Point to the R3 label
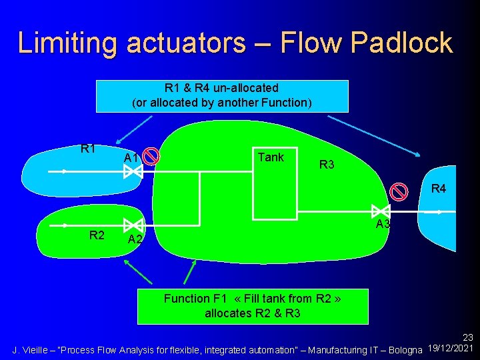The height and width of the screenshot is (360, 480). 327,165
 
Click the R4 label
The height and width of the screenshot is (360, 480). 439,189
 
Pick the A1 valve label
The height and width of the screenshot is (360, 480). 131,158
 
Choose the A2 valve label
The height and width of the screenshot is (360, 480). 135,239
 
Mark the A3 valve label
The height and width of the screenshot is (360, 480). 383,224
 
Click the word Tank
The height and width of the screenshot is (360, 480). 271,157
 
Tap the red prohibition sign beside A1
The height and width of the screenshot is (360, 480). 152,156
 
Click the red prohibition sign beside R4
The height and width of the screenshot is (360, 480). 399,191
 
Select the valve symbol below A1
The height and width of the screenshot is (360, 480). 133,172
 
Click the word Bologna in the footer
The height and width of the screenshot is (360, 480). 405,349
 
